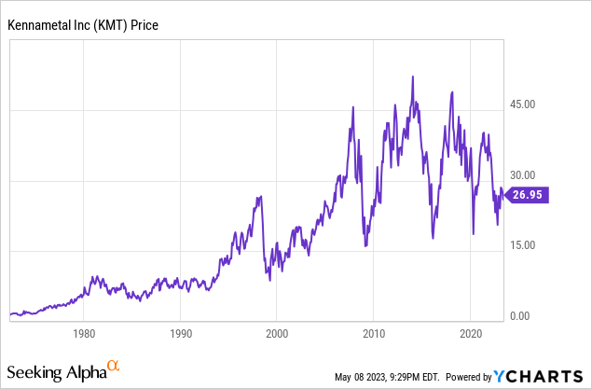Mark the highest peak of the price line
[x=412, y=76]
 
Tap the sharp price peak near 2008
[x=352, y=107]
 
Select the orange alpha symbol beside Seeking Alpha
[x=114, y=367]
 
